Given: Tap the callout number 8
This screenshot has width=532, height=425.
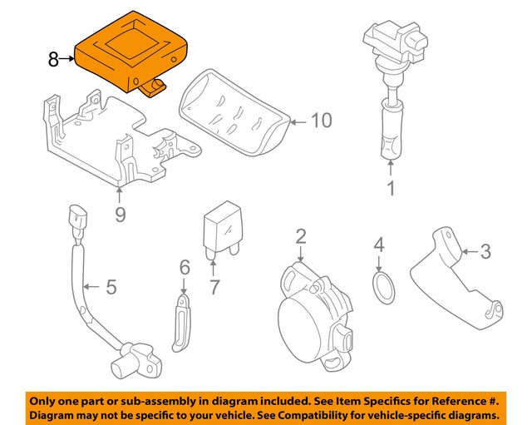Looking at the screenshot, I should click(x=53, y=59).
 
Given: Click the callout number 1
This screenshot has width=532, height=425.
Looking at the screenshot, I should click(x=389, y=189).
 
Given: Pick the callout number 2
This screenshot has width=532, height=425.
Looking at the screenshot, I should click(x=300, y=237).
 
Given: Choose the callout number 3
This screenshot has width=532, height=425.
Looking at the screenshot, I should click(x=486, y=249).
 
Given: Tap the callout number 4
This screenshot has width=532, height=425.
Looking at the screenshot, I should click(x=379, y=245).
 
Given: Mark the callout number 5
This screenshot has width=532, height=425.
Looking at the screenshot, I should click(x=111, y=288).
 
